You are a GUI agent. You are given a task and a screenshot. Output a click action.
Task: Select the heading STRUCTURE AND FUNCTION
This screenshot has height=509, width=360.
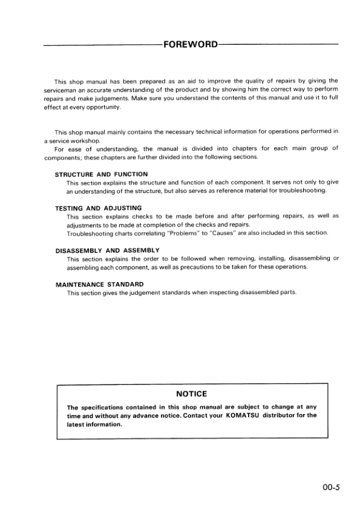[101, 174]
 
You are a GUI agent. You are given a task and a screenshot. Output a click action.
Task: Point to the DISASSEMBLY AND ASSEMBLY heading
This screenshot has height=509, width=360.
[107, 250]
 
